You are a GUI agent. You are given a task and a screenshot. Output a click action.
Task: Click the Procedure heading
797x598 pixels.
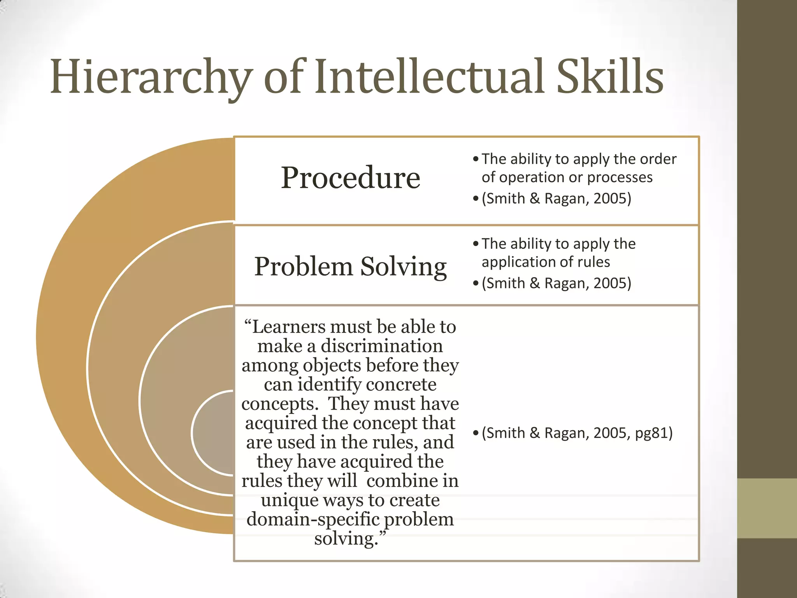350,178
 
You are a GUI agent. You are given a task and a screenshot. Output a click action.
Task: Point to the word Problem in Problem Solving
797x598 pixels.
303,267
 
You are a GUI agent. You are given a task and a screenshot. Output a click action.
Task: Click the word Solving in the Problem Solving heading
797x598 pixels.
403,267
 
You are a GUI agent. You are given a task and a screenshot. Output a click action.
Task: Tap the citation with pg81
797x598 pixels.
577,433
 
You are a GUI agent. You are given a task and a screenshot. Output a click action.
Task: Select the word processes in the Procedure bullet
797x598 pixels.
620,178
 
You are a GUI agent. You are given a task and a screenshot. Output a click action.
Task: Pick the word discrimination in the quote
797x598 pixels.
381,346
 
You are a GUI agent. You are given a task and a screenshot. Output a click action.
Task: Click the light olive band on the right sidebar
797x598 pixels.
767,508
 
